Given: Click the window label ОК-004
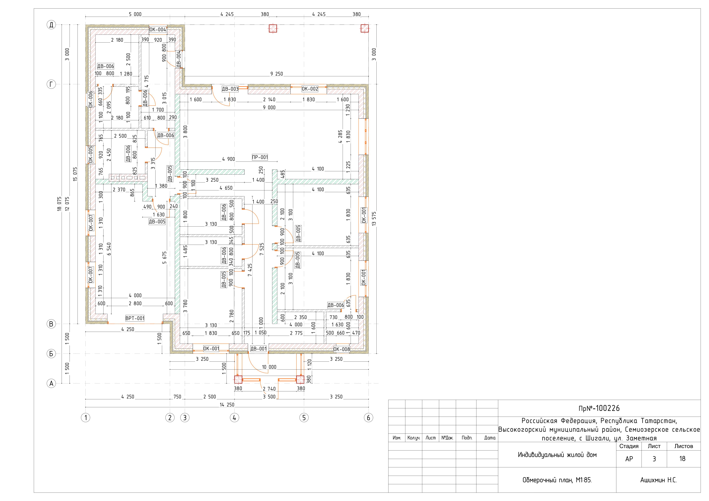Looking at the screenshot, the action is pos(158,30).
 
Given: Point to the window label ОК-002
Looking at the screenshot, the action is pos(310,89).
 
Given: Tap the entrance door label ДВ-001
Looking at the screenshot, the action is pos(259,349).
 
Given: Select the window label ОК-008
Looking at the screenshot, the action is pos(342,349).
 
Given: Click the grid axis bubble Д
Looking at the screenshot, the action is pos(51,25).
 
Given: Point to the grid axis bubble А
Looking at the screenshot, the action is pos(51,383).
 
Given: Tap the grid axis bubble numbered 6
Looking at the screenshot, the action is pos(368,418).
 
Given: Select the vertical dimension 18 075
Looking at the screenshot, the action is pos(59,206).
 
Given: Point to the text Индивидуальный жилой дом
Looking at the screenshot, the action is pos(557,455).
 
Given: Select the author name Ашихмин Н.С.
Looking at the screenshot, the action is pos(658,480).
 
